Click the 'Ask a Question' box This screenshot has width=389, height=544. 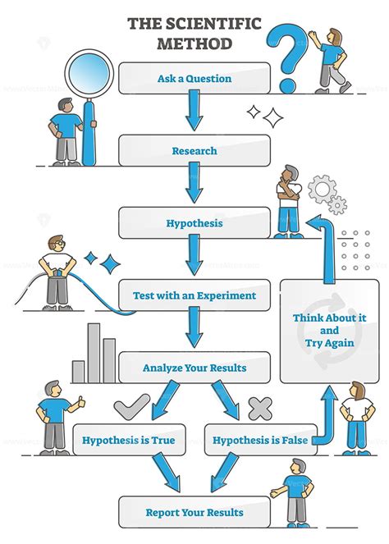(x=194, y=79)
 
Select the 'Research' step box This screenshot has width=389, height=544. (x=194, y=150)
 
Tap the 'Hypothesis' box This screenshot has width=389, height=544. (x=194, y=222)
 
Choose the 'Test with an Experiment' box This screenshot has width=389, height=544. (x=194, y=295)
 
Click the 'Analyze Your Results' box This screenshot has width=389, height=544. (x=194, y=368)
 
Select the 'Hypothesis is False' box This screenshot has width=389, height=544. (x=259, y=440)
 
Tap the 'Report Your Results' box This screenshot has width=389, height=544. (x=194, y=512)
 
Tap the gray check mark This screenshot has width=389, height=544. (x=131, y=406)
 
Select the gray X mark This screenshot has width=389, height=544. (x=259, y=407)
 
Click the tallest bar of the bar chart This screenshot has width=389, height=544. (x=94, y=353)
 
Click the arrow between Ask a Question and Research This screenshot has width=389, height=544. (x=194, y=112)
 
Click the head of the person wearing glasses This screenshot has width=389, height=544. (x=53, y=244)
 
